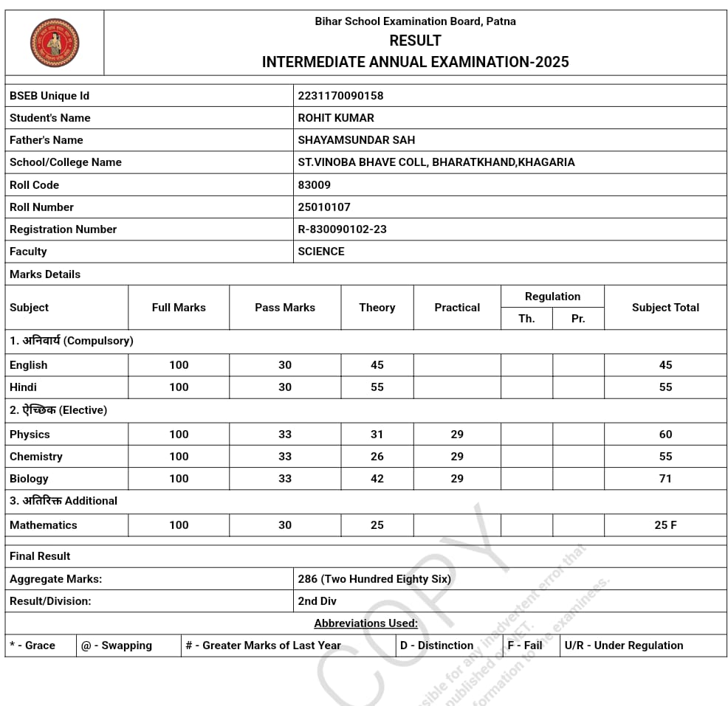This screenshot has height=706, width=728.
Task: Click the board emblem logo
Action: [55, 43]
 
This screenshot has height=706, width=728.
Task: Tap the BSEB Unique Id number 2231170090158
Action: [340, 96]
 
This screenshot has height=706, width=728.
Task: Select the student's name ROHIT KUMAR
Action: [336, 118]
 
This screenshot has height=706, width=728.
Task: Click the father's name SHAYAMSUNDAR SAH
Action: [356, 140]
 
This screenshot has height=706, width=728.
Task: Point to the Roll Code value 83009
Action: [315, 185]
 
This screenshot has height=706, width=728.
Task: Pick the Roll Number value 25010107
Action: [324, 207]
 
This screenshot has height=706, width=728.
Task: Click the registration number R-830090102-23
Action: [342, 229]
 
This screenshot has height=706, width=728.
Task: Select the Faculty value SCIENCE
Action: [321, 252]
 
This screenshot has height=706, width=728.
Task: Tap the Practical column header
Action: [457, 308]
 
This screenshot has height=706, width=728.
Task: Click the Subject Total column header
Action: [665, 308]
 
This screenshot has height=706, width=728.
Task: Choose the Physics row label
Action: [30, 435]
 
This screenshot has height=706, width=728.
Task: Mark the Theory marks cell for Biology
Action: [377, 479]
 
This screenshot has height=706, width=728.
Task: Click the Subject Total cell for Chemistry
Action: [665, 457]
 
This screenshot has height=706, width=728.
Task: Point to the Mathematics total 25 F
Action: [665, 525]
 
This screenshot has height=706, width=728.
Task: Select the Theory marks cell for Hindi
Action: [377, 387]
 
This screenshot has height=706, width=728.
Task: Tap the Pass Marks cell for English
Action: [285, 365]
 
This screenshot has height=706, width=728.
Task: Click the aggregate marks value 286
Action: [308, 579]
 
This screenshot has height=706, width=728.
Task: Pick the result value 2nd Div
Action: [317, 601]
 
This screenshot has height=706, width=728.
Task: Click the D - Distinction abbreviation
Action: [436, 646]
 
